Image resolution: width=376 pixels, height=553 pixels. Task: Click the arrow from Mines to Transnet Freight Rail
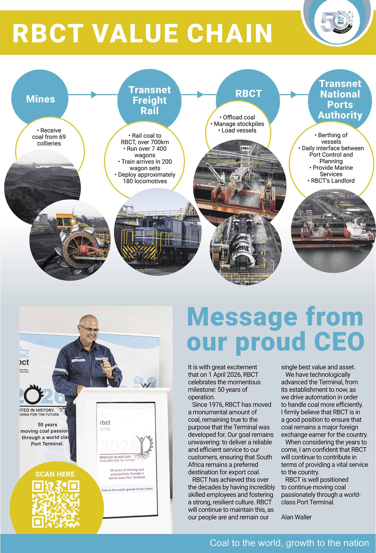point(93,95)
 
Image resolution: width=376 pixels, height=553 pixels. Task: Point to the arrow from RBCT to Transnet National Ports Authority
point(293,95)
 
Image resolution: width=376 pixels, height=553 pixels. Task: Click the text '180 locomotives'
point(145,181)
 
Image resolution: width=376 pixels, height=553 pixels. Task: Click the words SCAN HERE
point(55,474)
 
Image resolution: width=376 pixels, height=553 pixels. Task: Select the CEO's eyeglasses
point(89,329)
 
